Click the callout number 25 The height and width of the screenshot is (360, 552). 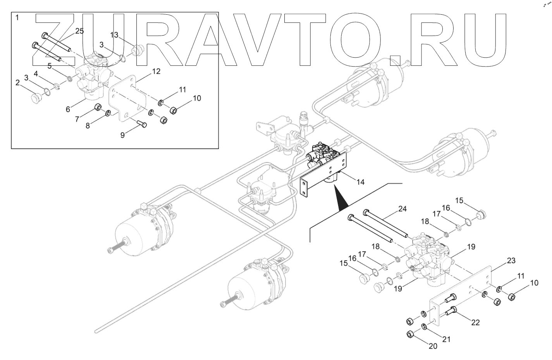tap(79, 31)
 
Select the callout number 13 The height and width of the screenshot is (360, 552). tap(114, 35)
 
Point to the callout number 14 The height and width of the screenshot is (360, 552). tap(361, 181)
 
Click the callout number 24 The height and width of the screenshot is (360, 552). tap(402, 209)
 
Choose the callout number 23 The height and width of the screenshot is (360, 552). tap(511, 261)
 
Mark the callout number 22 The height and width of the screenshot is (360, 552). tap(475, 322)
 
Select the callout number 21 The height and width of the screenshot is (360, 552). tap(447, 339)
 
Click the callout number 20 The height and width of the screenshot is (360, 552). tap(433, 346)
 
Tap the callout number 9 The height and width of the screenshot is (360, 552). tap(123, 135)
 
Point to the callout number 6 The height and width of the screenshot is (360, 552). tap(68, 109)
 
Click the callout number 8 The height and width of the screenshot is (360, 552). tap(88, 126)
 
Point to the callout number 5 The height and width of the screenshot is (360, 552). tap(49, 66)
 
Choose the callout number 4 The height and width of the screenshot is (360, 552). tap(36, 73)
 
